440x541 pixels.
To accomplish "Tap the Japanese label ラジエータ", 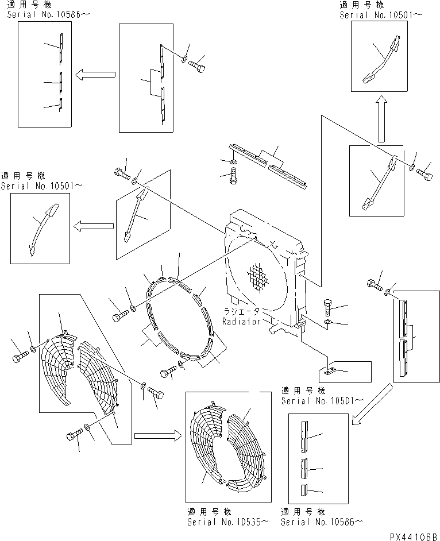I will pos(242,312).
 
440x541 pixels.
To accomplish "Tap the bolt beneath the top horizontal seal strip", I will pos(232,179).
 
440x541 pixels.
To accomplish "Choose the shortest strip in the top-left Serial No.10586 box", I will pos(60,104).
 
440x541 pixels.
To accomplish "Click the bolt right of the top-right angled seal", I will pos(427,171).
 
